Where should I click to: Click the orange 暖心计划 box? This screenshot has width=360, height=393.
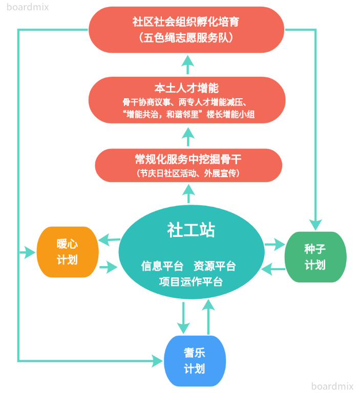(x=67, y=252)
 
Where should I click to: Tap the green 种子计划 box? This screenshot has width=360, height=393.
(x=315, y=257)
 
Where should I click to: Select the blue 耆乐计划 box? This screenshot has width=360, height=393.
(x=194, y=361)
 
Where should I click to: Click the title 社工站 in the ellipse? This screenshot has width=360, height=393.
(x=191, y=230)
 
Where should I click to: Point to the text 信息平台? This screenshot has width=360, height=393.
(x=162, y=266)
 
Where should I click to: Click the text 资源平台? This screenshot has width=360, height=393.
(x=215, y=266)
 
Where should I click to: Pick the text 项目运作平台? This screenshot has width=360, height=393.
(x=190, y=281)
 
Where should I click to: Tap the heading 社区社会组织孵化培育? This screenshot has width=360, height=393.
(x=186, y=22)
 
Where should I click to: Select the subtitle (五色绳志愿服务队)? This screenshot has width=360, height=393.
(x=186, y=37)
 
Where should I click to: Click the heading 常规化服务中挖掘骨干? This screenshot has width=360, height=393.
(x=188, y=159)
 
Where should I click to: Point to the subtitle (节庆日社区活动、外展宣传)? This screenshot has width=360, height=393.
(x=188, y=173)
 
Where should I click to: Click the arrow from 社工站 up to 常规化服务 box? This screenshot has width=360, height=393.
(x=188, y=194)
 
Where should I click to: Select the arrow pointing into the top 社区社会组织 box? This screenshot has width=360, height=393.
(x=188, y=64)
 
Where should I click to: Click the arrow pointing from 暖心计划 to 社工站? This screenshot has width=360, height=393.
(x=109, y=267)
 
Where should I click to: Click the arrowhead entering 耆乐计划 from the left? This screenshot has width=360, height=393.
(x=156, y=361)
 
